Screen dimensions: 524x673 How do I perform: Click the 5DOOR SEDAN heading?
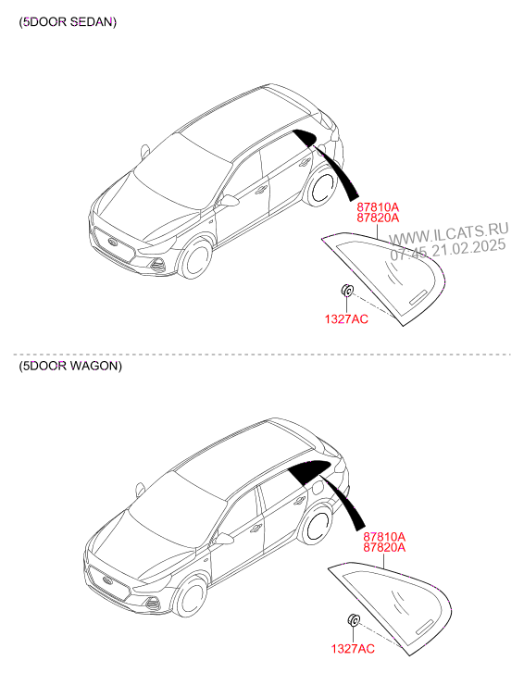(68, 21)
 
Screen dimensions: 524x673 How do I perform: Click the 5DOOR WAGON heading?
(70, 366)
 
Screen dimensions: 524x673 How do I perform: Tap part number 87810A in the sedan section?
(378, 207)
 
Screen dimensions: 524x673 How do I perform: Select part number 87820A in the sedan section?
(378, 218)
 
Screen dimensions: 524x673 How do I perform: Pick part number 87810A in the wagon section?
(384, 537)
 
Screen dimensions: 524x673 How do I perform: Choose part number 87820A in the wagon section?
(384, 547)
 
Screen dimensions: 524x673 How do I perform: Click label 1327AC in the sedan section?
(346, 318)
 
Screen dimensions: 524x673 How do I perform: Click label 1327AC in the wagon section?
(353, 648)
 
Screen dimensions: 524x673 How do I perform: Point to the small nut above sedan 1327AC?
(347, 290)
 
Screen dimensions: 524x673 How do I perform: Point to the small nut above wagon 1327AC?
(354, 620)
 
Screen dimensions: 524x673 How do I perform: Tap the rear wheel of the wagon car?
(317, 523)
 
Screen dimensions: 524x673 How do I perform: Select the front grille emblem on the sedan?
(113, 243)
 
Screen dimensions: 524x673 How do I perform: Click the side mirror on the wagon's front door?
(224, 539)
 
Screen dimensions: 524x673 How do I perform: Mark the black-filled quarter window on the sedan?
(306, 137)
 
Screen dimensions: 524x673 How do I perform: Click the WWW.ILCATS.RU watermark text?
(449, 233)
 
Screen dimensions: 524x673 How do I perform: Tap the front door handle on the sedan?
(260, 190)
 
